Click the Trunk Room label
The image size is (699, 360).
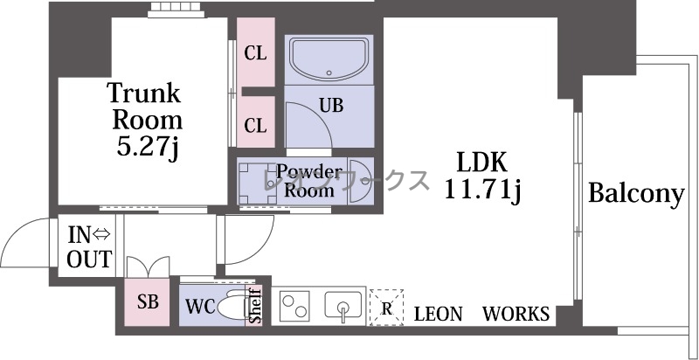[145, 106]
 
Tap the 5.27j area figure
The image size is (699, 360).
[148, 147]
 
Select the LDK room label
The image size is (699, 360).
[482, 163]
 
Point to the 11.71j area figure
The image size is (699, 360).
[482, 190]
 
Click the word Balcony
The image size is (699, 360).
[636, 193]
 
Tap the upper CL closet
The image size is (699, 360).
[255, 52]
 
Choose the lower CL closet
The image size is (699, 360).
[255, 121]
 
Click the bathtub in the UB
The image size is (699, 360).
[329, 59]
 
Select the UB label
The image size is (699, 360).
[331, 106]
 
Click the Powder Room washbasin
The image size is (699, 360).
[360, 181]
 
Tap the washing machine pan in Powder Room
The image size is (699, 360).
[259, 183]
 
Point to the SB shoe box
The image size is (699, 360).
[147, 302]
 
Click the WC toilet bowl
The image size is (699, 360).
[235, 305]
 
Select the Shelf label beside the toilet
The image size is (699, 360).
[255, 306]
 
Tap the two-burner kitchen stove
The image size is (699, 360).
[295, 306]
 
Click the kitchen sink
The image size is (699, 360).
[343, 305]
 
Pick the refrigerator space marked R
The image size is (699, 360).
[386, 308]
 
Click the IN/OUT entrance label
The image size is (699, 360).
[89, 246]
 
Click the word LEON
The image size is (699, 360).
[439, 314]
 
